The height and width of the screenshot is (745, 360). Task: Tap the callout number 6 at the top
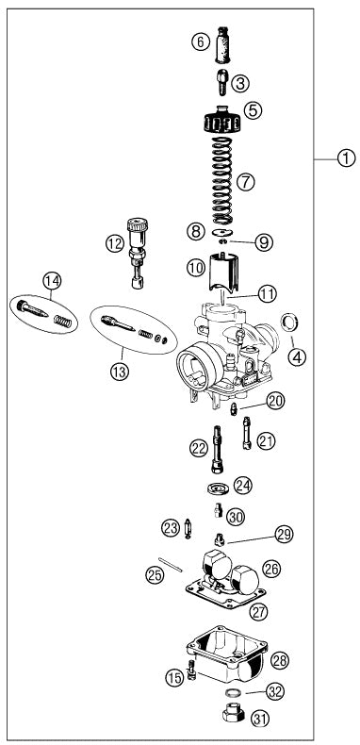click(x=199, y=41)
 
